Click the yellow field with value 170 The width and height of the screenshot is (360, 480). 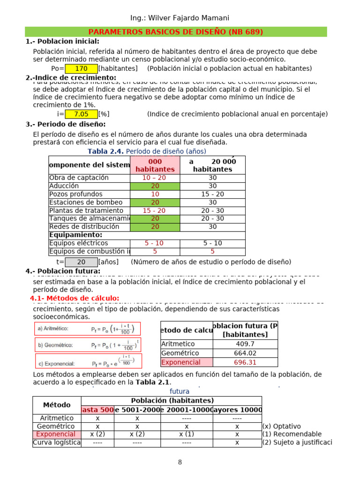[81, 68]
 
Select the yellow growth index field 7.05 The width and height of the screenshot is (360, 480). [81, 114]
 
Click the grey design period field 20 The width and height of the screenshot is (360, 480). [81, 262]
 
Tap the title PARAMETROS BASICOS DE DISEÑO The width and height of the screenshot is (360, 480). [176, 32]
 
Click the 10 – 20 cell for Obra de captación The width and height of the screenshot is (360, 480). [155, 178]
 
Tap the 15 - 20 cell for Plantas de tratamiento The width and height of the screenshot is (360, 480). [155, 210]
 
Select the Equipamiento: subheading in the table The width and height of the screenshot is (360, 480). [75, 235]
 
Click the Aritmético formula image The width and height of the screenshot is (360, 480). [88, 329]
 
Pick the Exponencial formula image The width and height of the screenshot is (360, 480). [88, 361]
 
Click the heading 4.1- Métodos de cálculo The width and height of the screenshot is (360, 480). [75, 299]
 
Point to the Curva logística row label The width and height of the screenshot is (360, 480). [57, 442]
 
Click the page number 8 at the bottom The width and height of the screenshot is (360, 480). [180, 462]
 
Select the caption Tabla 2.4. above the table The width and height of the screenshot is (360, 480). [106, 151]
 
